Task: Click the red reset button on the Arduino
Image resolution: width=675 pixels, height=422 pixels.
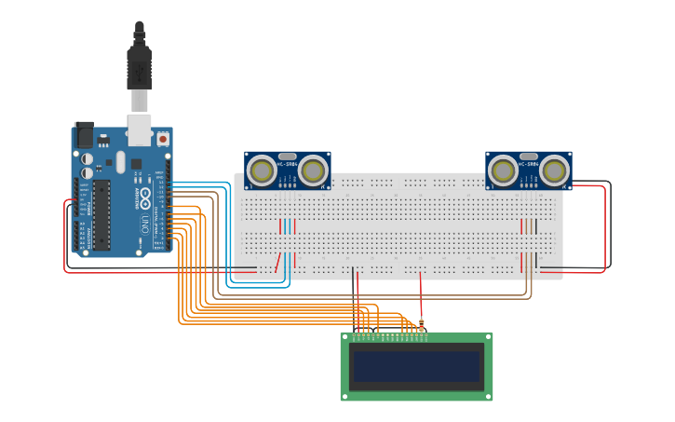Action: pos(163,139)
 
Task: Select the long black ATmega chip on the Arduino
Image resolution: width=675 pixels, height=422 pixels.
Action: pos(101,215)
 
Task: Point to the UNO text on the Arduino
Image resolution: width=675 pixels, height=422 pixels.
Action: pos(145,225)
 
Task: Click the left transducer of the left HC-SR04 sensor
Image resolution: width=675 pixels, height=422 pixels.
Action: pos(262,170)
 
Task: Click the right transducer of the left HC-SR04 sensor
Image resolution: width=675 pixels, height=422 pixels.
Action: pos(313,170)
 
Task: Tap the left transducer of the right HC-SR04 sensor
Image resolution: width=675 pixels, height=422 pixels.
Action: pos(504,170)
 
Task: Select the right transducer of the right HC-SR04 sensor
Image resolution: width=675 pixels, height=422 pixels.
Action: pos(555,170)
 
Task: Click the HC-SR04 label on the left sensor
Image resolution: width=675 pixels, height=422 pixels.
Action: pos(288,165)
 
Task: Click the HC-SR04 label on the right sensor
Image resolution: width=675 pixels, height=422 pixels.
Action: pos(529,165)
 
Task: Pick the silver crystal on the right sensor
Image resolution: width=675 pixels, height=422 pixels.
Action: pos(529,157)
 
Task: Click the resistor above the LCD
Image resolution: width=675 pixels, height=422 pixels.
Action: pos(421,325)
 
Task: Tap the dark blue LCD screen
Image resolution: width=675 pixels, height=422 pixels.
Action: pos(416,366)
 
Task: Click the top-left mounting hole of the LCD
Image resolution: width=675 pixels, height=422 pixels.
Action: pos(345,337)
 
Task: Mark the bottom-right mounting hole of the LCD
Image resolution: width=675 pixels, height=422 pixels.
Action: pos(488,396)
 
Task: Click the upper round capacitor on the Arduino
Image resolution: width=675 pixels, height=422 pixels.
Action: pos(88,159)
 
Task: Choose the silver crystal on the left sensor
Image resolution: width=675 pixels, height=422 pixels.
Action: pos(288,157)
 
